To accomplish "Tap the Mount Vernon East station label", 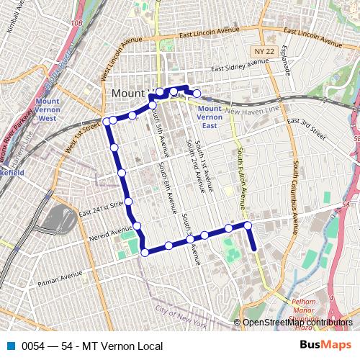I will click(x=210, y=116).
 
